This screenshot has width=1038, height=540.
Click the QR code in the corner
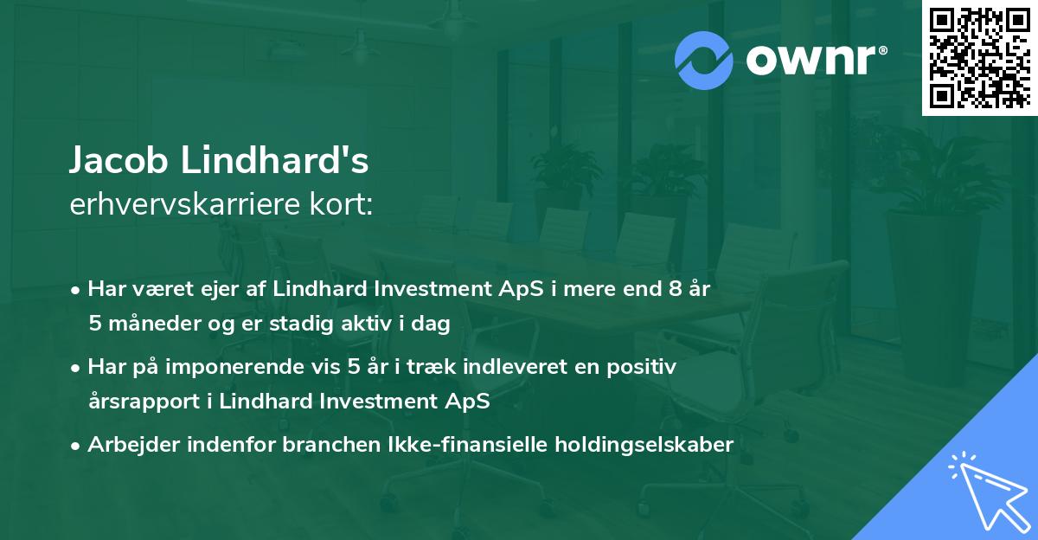(979, 57)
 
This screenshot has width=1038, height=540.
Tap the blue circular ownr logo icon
(704, 60)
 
